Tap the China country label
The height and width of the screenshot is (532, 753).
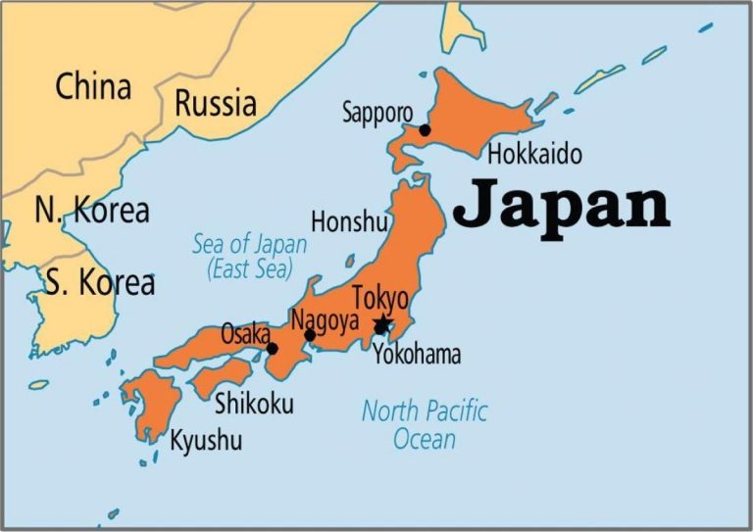coord(93,86)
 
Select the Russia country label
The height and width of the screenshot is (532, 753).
coord(215,102)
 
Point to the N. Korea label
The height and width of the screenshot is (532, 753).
coord(91,210)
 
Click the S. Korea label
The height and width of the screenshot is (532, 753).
coord(99,283)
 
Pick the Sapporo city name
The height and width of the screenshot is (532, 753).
coord(377,112)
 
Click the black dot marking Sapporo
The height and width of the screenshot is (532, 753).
coord(425,129)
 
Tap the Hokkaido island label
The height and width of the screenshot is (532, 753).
coord(534,154)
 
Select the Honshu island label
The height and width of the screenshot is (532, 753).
coord(349,221)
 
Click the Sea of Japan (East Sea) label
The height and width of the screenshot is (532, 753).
coord(250,258)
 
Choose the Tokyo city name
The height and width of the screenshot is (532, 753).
coord(379,298)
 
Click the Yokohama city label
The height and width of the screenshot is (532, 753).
coord(417,355)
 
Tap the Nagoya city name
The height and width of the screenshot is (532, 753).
coord(325,319)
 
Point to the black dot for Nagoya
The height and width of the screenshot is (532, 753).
coord(310,335)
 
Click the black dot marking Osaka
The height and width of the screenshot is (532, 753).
coord(273,348)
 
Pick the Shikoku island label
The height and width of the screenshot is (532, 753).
coord(254,403)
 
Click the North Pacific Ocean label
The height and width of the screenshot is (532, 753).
coord(425,424)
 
